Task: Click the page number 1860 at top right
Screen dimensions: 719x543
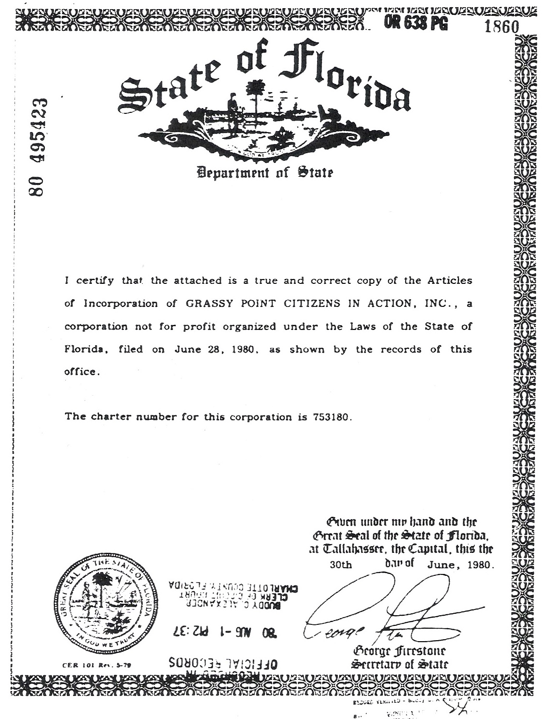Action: [x=502, y=27]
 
